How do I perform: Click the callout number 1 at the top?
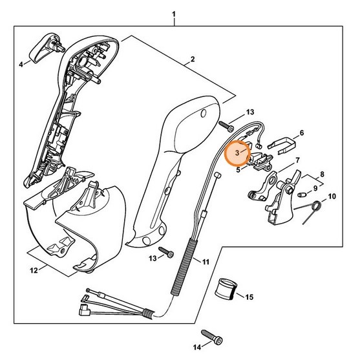coord(173,14)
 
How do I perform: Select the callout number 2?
coord(193,61)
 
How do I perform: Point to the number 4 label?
coord(20,64)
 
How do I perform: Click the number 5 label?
coord(238,171)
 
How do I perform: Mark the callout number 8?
coord(324,175)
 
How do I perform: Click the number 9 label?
coord(315,189)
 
